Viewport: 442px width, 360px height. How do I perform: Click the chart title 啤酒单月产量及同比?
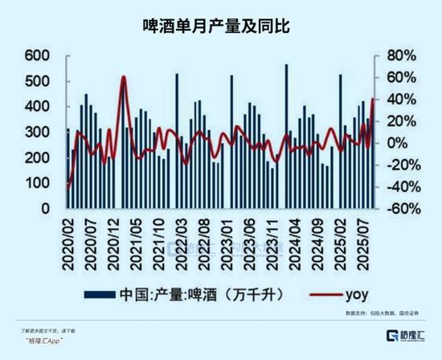(x=221, y=27)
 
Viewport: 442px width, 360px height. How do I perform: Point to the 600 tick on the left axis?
(x=37, y=56)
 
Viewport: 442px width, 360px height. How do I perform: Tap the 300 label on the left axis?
(x=37, y=133)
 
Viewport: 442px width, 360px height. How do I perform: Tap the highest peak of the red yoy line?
(x=123, y=77)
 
